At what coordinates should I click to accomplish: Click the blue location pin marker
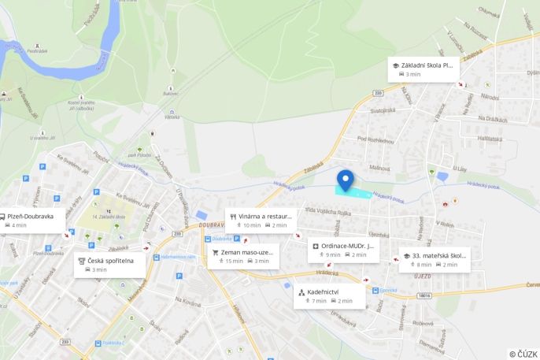point(345,180)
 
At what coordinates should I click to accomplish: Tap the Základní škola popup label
point(423,69)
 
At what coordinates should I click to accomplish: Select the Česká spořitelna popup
point(110,265)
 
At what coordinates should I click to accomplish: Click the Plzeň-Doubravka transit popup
point(33,220)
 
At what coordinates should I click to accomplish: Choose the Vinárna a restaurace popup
point(260,220)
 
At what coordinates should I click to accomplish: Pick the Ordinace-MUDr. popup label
point(343,249)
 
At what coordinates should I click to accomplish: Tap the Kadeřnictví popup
point(329,295)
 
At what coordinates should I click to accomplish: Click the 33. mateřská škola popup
point(434,259)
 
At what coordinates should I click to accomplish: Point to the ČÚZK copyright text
point(523,354)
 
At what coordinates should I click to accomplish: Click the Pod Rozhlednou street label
point(375,139)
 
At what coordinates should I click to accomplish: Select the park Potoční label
point(139,155)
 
